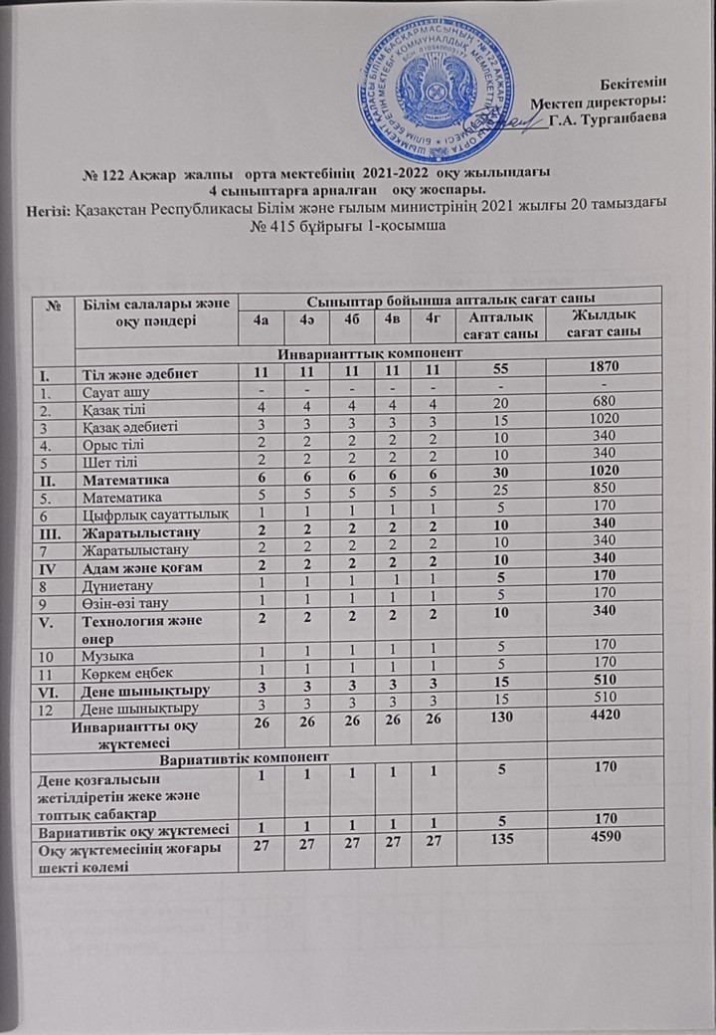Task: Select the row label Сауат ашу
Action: (113, 391)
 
